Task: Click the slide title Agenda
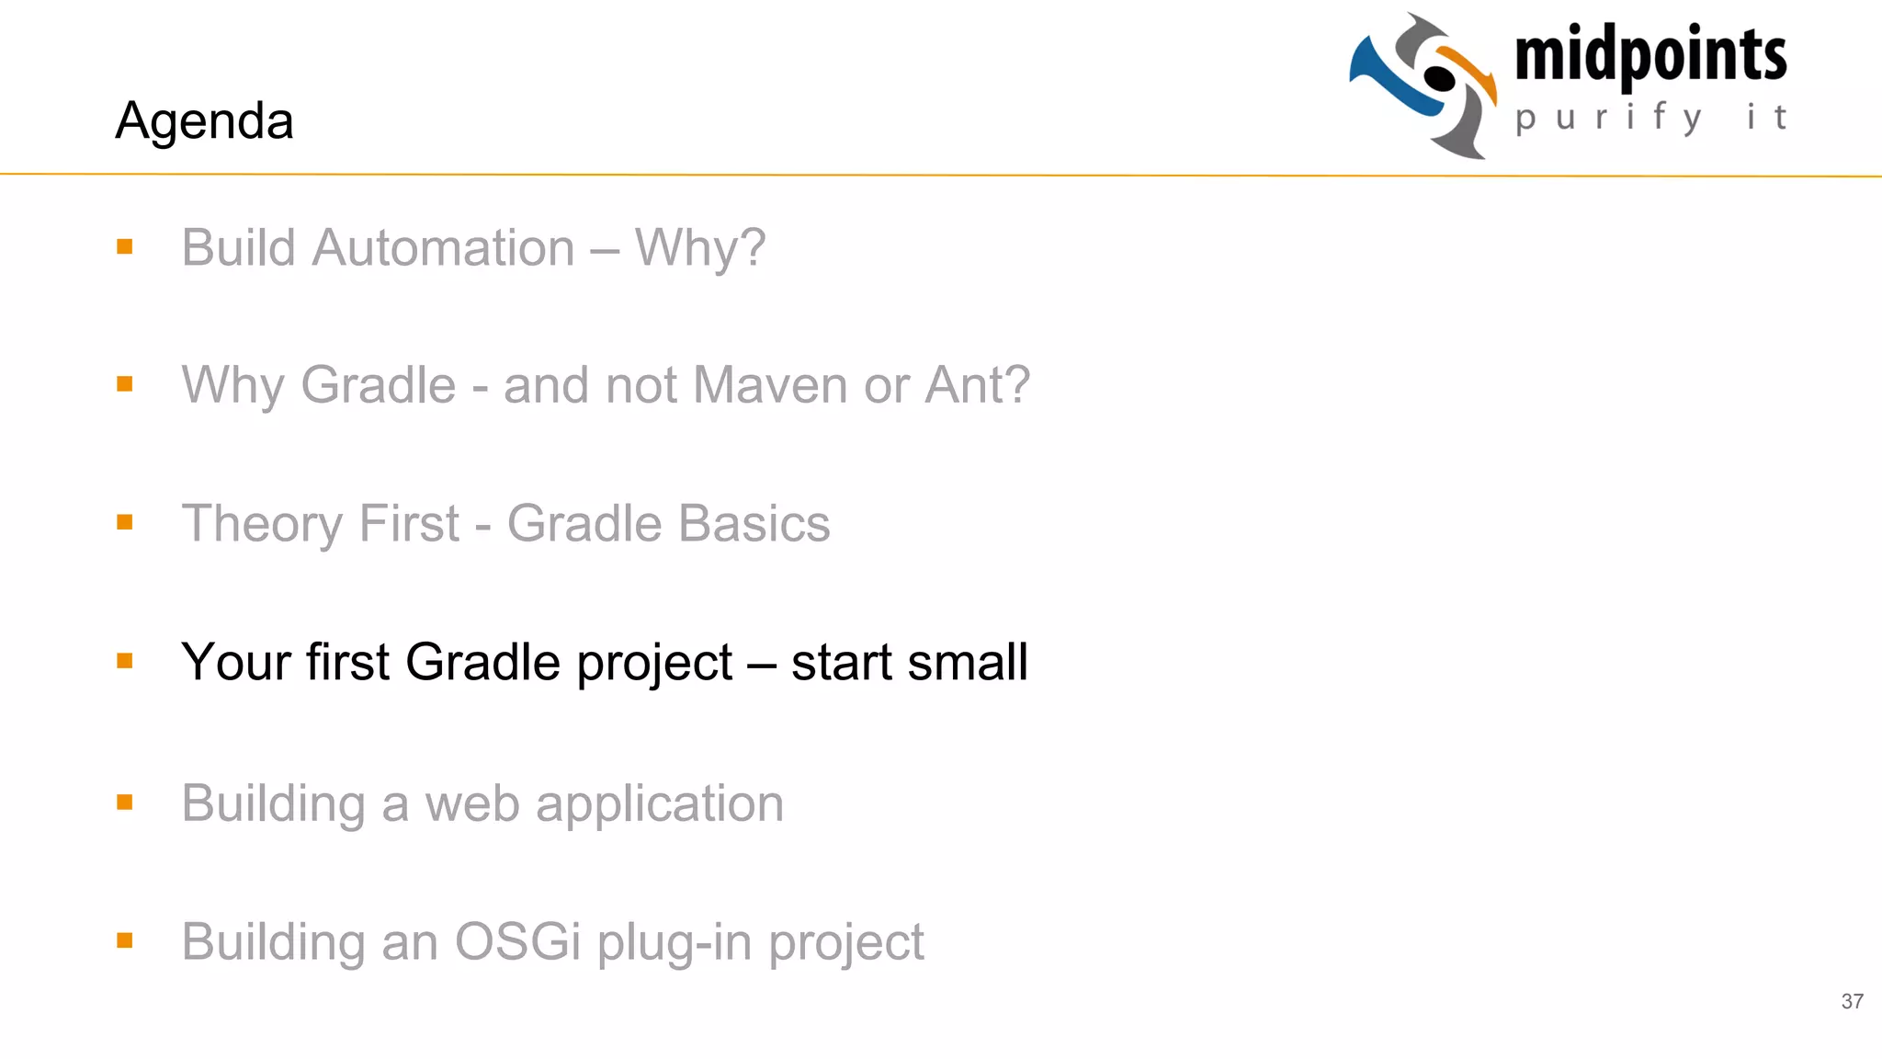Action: coord(204,120)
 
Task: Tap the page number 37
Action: coord(1852,1001)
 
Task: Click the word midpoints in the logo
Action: coord(1650,55)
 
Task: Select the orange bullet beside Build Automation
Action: coord(125,246)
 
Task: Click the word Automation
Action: coord(443,248)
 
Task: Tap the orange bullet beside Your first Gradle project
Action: coord(125,660)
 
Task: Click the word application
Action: coord(659,805)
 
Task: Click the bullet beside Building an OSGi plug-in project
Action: coord(125,939)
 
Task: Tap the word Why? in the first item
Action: coord(700,248)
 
